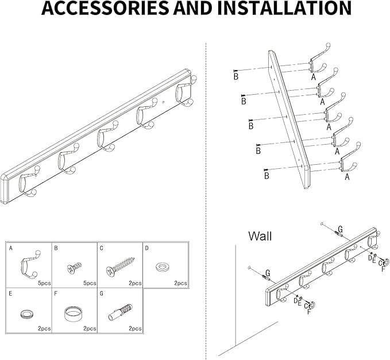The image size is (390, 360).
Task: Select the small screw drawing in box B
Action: (x=75, y=268)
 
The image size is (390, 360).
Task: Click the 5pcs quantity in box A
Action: (x=44, y=283)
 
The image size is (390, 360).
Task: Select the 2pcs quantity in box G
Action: (x=134, y=328)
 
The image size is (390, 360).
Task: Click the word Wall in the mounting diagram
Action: (x=260, y=236)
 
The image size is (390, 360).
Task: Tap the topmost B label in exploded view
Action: (x=235, y=76)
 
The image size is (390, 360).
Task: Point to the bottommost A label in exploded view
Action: (x=347, y=177)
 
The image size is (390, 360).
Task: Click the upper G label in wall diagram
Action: (x=340, y=228)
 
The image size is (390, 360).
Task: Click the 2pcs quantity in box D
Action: (x=180, y=283)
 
